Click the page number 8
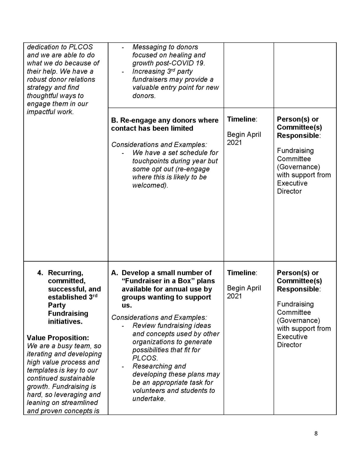316,434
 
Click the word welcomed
150,185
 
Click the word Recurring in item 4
65,273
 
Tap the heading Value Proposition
58,338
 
